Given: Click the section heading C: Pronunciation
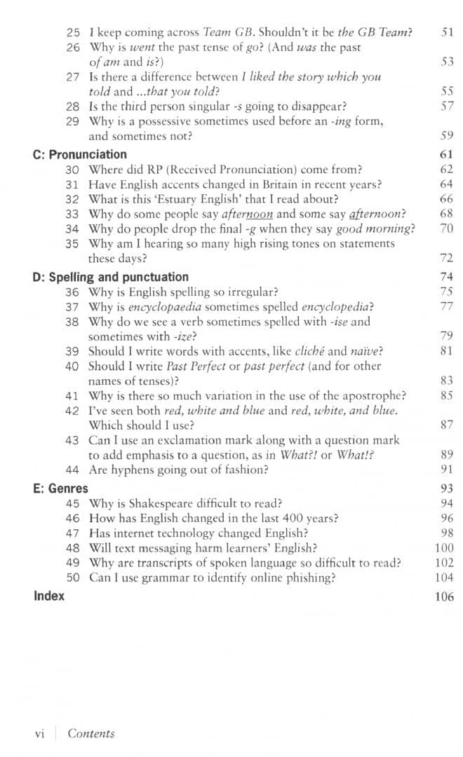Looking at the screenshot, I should [80, 154].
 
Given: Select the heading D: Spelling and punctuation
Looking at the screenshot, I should [110, 277].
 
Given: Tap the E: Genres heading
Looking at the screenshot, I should [60, 488].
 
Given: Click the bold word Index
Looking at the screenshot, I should [48, 596].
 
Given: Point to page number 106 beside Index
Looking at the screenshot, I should [444, 596].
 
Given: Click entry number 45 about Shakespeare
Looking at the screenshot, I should [72, 503].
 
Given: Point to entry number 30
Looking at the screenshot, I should [72, 170].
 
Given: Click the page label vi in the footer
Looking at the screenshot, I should [40, 734].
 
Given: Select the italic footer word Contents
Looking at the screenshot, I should [91, 734].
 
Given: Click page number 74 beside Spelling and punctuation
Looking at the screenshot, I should [447, 277].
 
